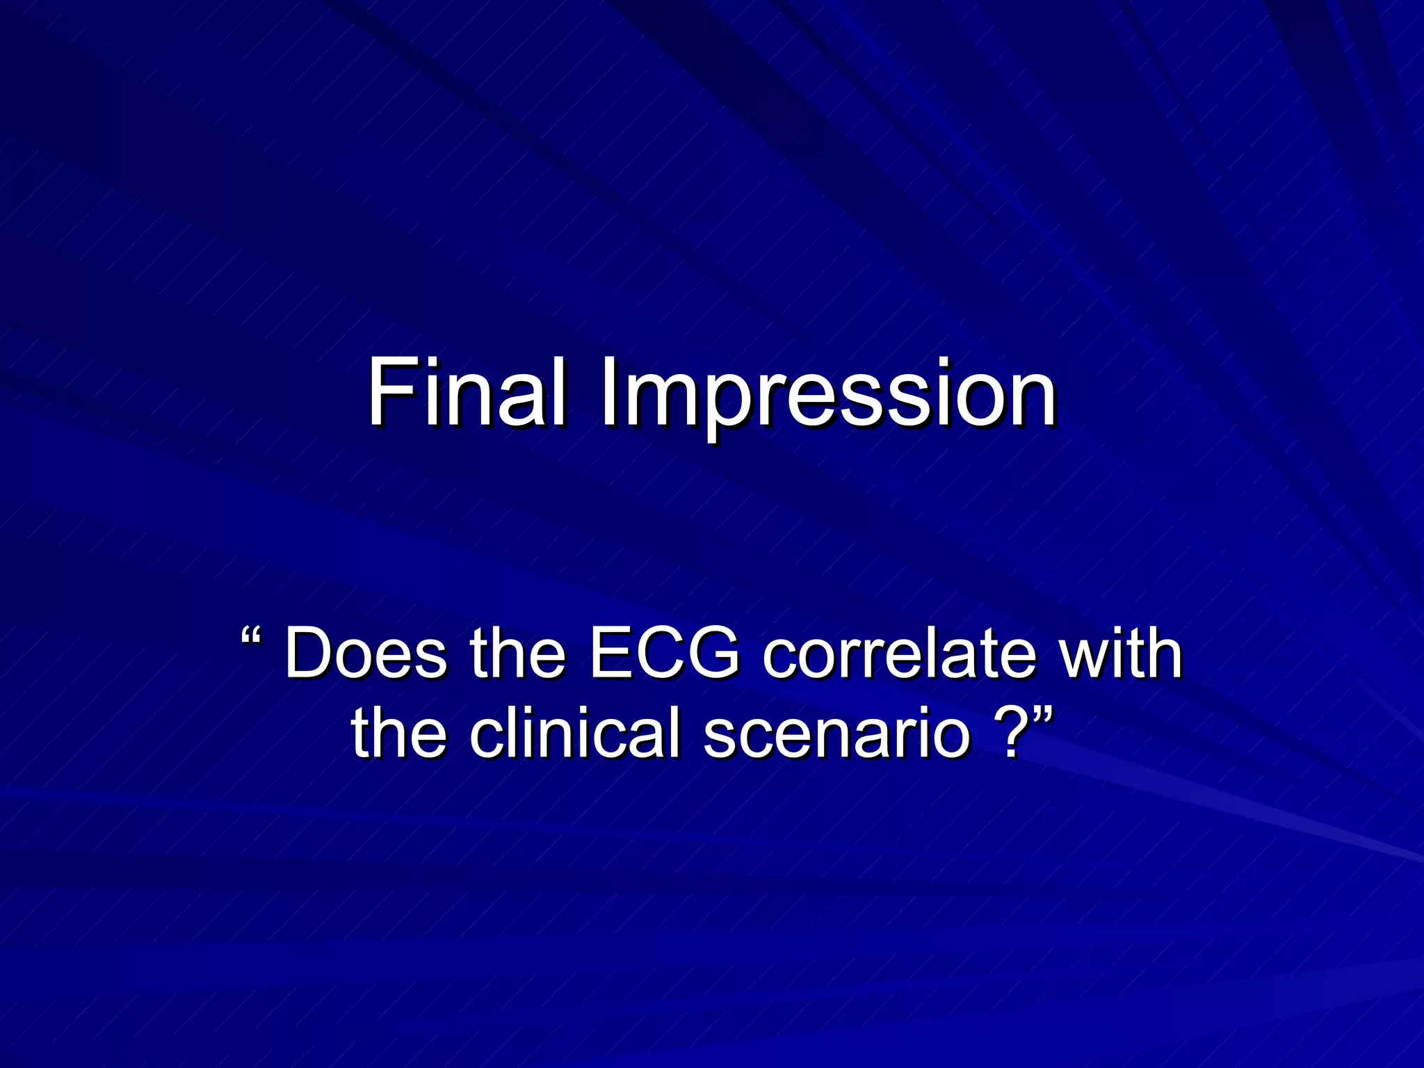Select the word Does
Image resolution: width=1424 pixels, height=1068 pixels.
[366, 654]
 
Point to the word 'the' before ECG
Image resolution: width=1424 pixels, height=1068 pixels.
[517, 654]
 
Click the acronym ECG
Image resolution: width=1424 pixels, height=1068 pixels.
[665, 654]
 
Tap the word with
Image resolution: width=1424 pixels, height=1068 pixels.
[1121, 654]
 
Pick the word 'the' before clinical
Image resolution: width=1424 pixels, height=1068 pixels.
[398, 733]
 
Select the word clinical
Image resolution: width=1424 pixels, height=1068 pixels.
[574, 733]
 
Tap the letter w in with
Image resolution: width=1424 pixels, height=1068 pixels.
[1081, 657]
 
